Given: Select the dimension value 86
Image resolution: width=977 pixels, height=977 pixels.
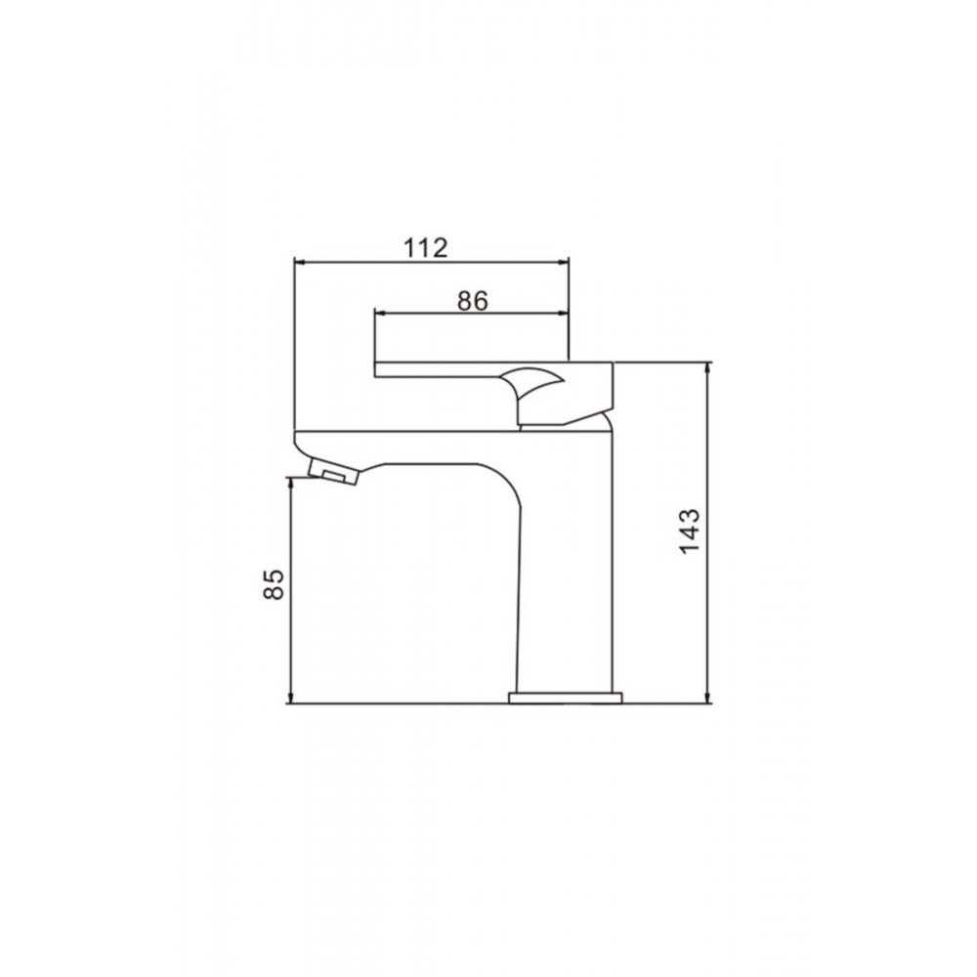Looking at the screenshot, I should tap(472, 301).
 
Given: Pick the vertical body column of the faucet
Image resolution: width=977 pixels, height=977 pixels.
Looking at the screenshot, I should tap(565, 586).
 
